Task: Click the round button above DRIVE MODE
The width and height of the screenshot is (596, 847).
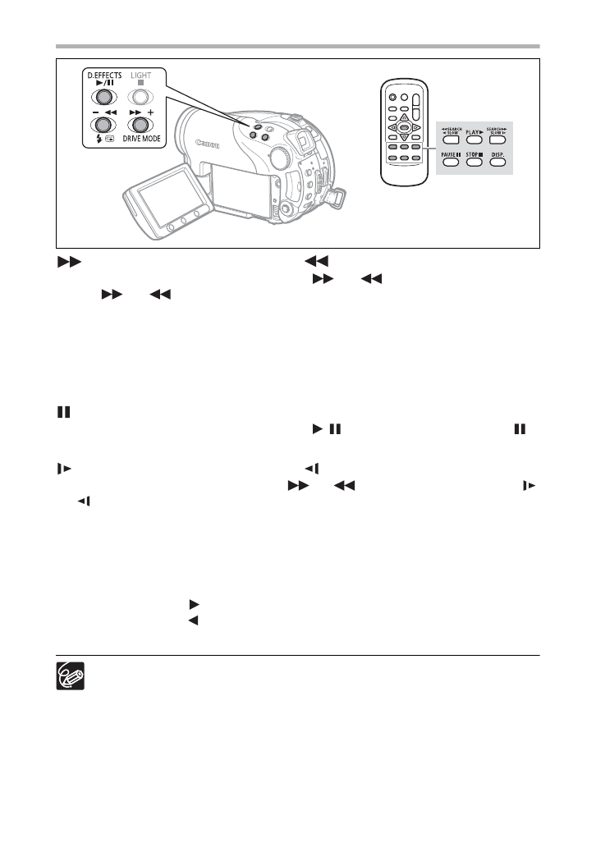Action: pyautogui.click(x=141, y=125)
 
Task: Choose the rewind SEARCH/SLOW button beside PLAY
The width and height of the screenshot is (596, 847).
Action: pyautogui.click(x=449, y=130)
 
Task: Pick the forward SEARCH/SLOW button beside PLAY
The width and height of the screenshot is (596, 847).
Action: pyautogui.click(x=497, y=130)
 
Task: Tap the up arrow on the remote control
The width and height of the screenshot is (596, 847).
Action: pyautogui.click(x=404, y=118)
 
